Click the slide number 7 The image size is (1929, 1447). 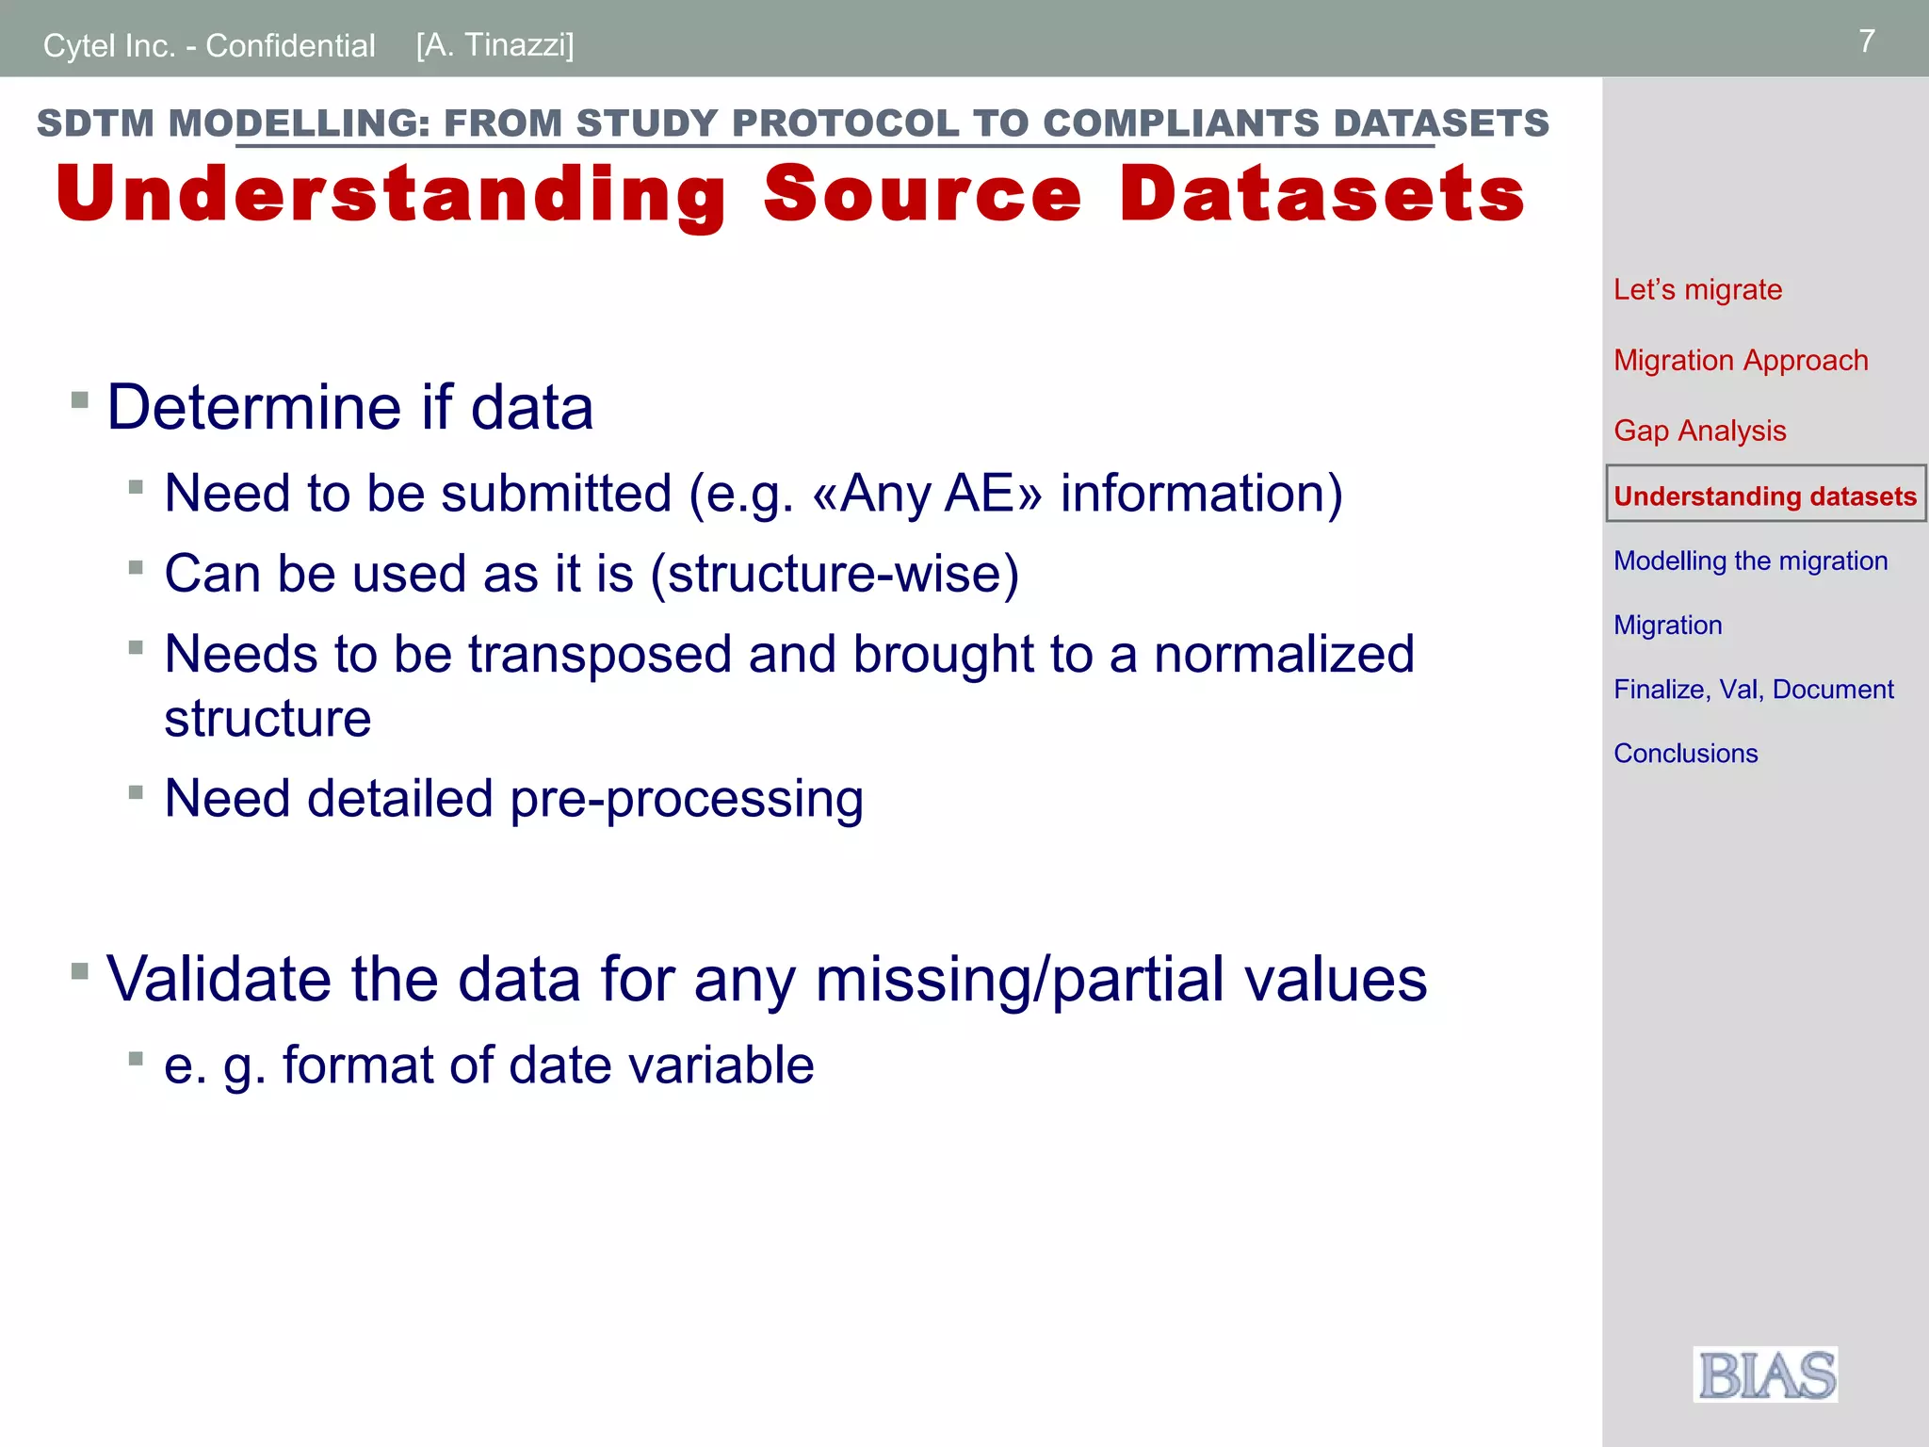pos(1866,41)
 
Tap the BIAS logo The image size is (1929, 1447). pos(1765,1374)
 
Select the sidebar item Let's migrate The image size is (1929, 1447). pos(1697,289)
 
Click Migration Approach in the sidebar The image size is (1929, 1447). pos(1740,360)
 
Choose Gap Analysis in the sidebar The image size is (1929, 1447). pos(1699,431)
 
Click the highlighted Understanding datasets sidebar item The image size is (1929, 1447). pos(1764,496)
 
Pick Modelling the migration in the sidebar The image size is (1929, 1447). pos(1750,561)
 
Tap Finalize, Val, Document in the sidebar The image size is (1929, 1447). pos(1753,689)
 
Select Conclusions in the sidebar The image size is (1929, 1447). pos(1685,753)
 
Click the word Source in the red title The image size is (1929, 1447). pos(922,194)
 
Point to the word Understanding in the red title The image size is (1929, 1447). pos(391,194)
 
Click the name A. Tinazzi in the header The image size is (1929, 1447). pos(494,44)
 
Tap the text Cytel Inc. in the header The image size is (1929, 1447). pos(109,45)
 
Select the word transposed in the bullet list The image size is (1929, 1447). pos(599,654)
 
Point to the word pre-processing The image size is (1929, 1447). pos(687,799)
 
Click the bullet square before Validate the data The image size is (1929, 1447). pos(80,970)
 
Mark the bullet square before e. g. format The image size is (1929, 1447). pos(136,1058)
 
